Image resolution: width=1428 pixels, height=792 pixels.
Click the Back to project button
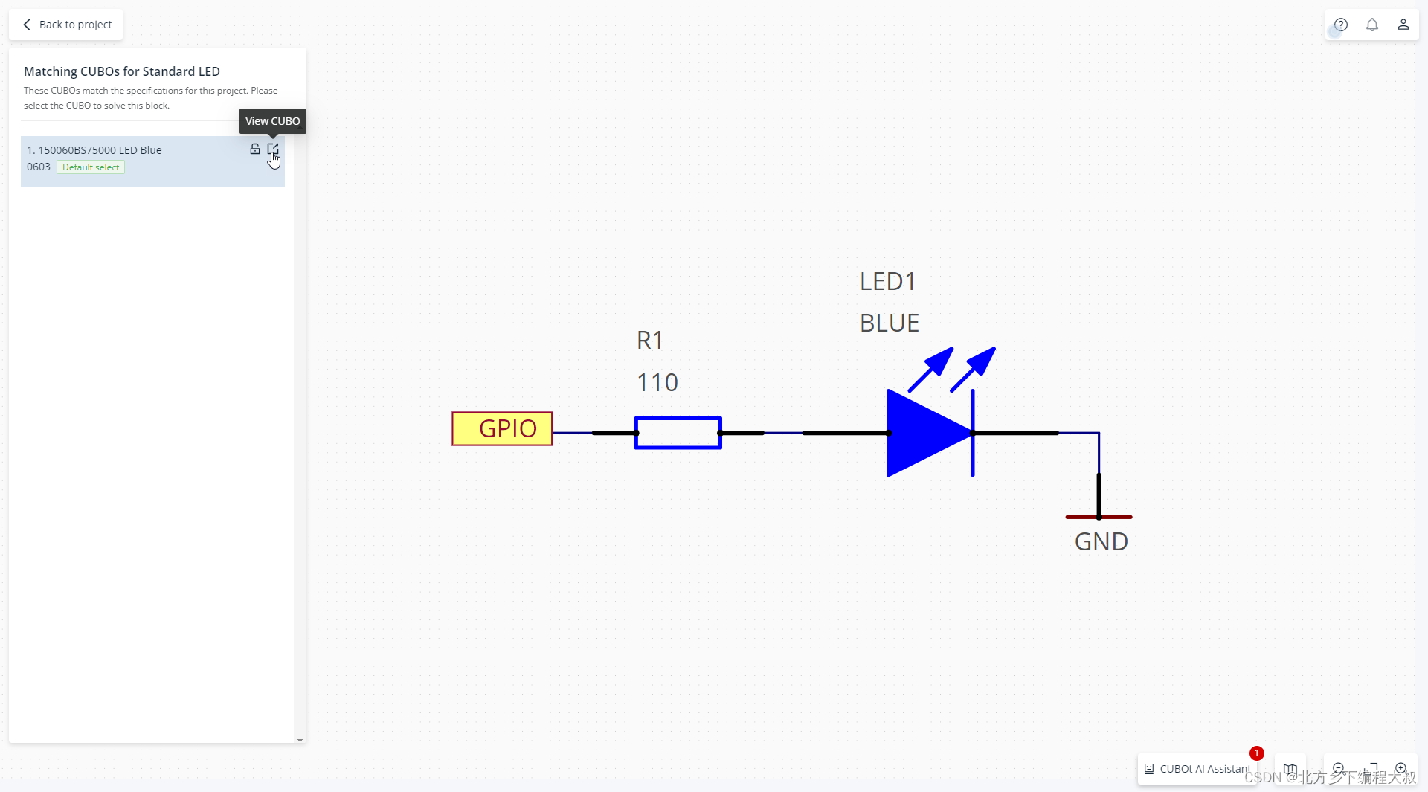coord(67,25)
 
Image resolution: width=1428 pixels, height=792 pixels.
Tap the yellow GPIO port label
coord(502,429)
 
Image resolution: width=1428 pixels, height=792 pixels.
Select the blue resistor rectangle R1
coord(678,433)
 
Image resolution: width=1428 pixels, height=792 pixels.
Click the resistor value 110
coord(657,382)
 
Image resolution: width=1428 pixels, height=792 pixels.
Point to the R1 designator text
coord(649,341)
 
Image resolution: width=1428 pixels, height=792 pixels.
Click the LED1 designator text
coord(887,282)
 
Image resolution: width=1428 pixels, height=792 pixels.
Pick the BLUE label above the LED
coord(890,323)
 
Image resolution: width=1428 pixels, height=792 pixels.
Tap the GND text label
coord(1101,542)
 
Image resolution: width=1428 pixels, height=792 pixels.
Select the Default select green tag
coord(91,167)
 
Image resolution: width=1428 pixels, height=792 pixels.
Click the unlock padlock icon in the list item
coord(255,149)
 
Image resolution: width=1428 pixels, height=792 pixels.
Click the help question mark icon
coord(1341,25)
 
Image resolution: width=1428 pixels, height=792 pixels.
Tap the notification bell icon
coord(1372,25)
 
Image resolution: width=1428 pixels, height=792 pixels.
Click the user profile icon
coord(1403,25)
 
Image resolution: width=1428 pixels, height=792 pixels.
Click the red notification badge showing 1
coord(1257,753)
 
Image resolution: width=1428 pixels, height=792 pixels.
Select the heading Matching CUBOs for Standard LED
coord(122,71)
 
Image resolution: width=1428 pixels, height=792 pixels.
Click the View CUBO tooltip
coord(272,121)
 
